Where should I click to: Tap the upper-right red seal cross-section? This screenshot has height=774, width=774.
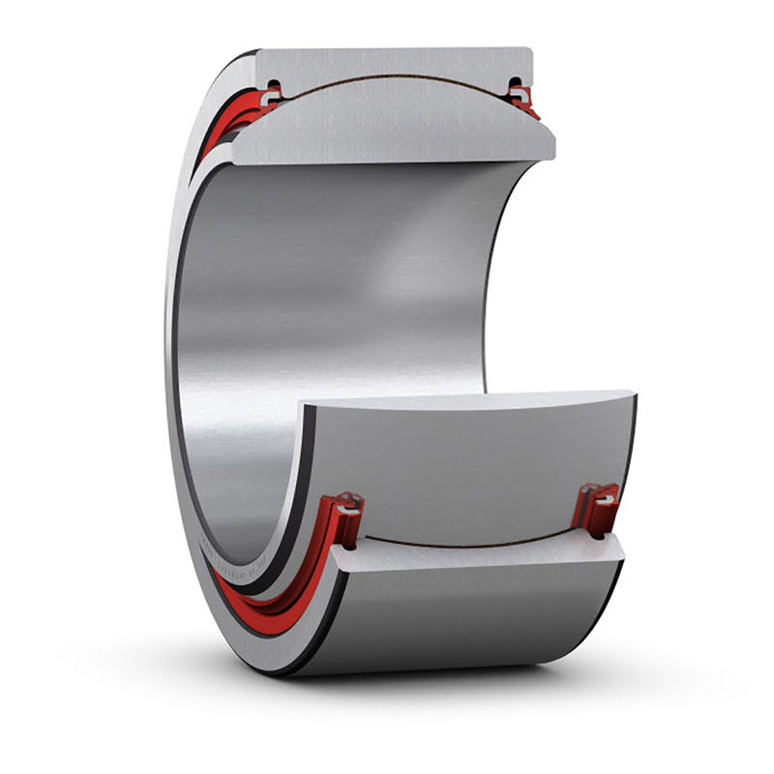[x=522, y=97]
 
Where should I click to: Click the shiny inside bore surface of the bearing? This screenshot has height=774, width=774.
[x=319, y=290]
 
